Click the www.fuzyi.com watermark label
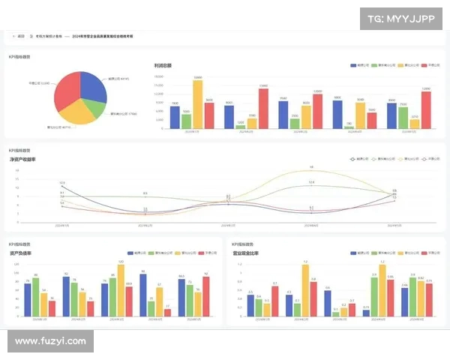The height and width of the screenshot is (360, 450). (50, 341)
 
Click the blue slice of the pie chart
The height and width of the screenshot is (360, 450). (91, 85)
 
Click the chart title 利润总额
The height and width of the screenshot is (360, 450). (163, 66)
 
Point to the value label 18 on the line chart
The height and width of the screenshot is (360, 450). (311, 167)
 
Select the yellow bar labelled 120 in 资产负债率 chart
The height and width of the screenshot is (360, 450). (121, 290)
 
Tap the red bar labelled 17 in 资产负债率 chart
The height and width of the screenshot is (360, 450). (168, 312)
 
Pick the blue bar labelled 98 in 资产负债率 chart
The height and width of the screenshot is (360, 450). (142, 295)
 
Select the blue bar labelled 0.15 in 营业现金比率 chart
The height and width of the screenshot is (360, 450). (366, 313)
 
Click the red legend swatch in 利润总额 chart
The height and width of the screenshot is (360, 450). (424, 66)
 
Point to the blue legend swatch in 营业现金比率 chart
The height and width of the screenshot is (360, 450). (356, 254)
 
